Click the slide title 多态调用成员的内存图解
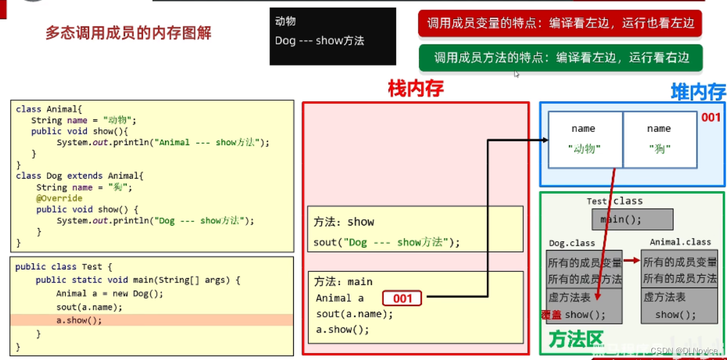point(128,33)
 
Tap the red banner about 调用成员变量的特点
point(560,24)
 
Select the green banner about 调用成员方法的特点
point(561,57)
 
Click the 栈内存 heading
point(415,89)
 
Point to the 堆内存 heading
point(698,92)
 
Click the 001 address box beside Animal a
point(402,298)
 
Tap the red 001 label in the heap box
point(711,117)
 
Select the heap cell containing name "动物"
point(584,139)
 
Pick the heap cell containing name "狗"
point(659,139)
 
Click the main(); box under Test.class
point(632,219)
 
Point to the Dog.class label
point(572,242)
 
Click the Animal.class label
point(680,242)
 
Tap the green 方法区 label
point(576,340)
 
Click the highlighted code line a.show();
point(79,320)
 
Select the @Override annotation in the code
point(59,198)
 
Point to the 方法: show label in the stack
point(344,222)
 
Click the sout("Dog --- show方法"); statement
point(386,242)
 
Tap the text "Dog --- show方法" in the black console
point(319,41)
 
